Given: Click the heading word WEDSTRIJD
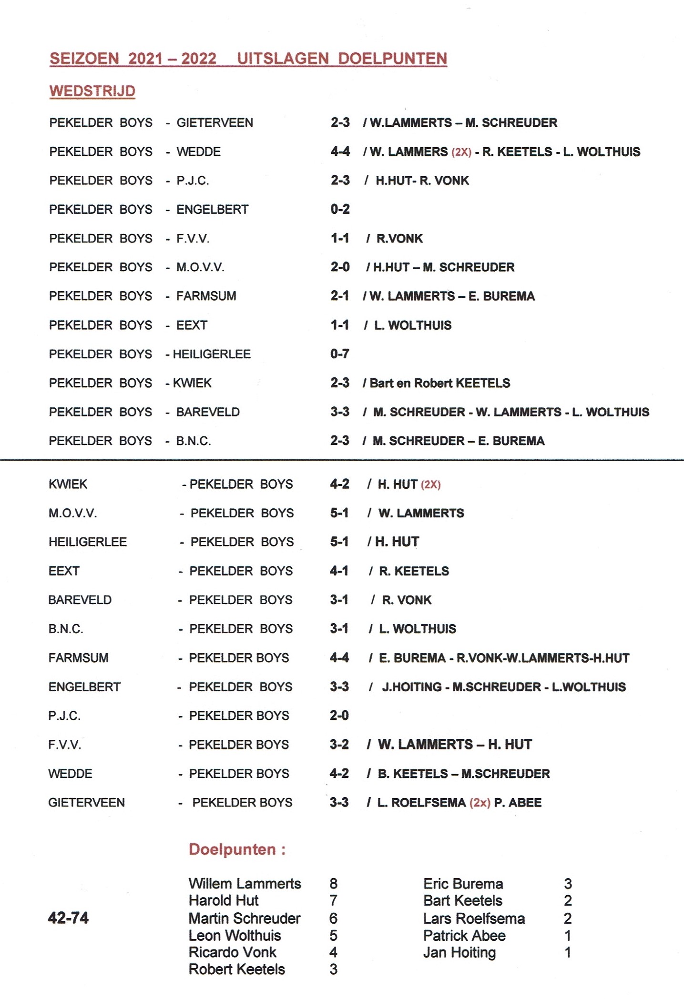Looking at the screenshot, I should point(92,91).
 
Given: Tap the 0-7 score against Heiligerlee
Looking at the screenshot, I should point(339,354).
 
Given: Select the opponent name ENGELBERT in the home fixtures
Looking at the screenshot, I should point(212,209).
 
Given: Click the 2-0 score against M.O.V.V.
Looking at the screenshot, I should point(340,267).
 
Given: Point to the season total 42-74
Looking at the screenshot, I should point(68,918).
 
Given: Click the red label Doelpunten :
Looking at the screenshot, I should point(237,849).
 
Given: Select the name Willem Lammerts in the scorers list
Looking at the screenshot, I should point(245,884).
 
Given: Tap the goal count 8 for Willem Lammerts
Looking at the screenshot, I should point(333,884).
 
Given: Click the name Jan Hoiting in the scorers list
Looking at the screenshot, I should point(459,952).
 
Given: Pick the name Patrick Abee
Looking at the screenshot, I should point(464,936).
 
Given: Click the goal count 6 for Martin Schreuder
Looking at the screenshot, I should point(333,918).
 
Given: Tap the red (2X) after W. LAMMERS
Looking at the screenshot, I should point(461,152).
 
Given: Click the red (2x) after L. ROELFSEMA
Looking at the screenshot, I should point(480,803).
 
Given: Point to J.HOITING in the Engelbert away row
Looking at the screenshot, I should point(411,687).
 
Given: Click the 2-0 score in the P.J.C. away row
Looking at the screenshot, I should point(339,716).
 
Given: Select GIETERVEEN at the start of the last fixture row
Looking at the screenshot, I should point(86,803).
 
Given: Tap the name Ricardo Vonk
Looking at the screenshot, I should point(232,952).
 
